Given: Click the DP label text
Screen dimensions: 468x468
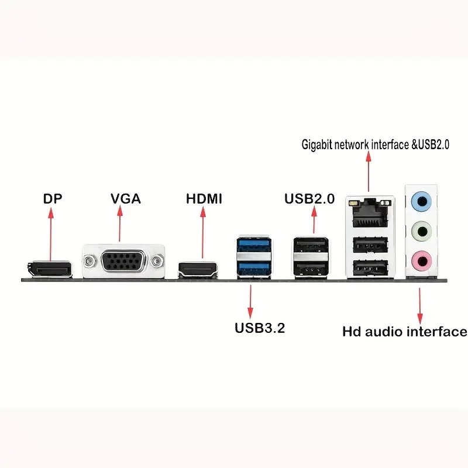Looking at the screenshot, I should pos(52,198).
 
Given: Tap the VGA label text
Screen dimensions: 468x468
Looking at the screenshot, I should pos(126,198).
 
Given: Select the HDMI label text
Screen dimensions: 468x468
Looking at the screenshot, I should pos(204,198).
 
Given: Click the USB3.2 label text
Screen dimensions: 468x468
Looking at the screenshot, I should pos(260,328).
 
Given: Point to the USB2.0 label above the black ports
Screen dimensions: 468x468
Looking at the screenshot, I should pos(309,198).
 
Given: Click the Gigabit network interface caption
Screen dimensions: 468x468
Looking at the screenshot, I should pos(375,143).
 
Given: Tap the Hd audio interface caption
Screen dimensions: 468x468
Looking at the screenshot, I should pos(404,332).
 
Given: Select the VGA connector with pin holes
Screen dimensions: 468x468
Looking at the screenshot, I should pos(125,261).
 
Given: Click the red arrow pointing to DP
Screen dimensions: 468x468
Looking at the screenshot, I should pos(51,234).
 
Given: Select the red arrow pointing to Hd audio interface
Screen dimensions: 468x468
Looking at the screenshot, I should pos(419,301).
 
